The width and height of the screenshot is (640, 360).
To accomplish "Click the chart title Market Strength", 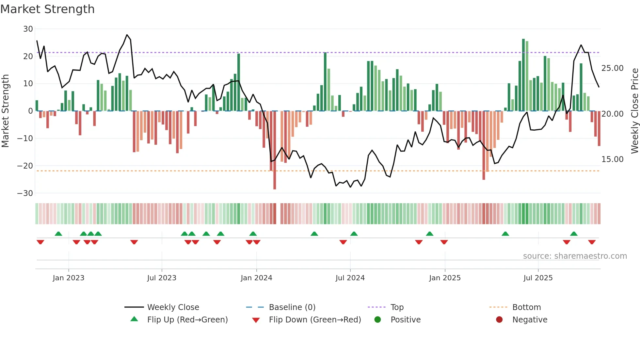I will [x=47, y=9].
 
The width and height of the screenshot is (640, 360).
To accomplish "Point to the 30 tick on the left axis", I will [x=28, y=29].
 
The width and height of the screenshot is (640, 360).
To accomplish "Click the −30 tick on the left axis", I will [x=25, y=193].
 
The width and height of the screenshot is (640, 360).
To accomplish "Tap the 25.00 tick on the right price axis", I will [x=612, y=68].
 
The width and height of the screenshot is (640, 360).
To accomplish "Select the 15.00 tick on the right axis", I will [x=612, y=159].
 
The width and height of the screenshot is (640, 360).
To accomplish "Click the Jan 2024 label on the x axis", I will [x=256, y=278].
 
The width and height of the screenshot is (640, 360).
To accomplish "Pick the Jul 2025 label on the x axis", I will [x=538, y=278].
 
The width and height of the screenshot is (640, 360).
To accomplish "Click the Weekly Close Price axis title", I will [x=634, y=111].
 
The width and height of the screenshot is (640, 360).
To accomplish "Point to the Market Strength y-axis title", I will [x=5, y=111].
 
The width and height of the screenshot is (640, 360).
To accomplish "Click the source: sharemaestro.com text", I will [x=575, y=256].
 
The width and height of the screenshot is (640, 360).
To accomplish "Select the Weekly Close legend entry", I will [x=173, y=307].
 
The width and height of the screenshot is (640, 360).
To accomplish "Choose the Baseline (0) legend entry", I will [x=292, y=307].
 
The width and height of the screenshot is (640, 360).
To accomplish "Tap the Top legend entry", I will [x=397, y=307].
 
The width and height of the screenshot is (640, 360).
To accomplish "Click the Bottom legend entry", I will [x=526, y=307].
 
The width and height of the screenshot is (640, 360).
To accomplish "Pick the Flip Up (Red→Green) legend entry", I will [x=187, y=320].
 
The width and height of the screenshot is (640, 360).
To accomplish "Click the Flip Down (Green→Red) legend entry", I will [x=314, y=320].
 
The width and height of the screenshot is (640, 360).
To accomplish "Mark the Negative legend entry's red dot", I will [x=499, y=320].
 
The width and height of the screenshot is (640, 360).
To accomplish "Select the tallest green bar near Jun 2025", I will [x=523, y=75].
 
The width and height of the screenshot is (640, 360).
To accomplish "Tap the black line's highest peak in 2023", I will [x=127, y=35].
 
